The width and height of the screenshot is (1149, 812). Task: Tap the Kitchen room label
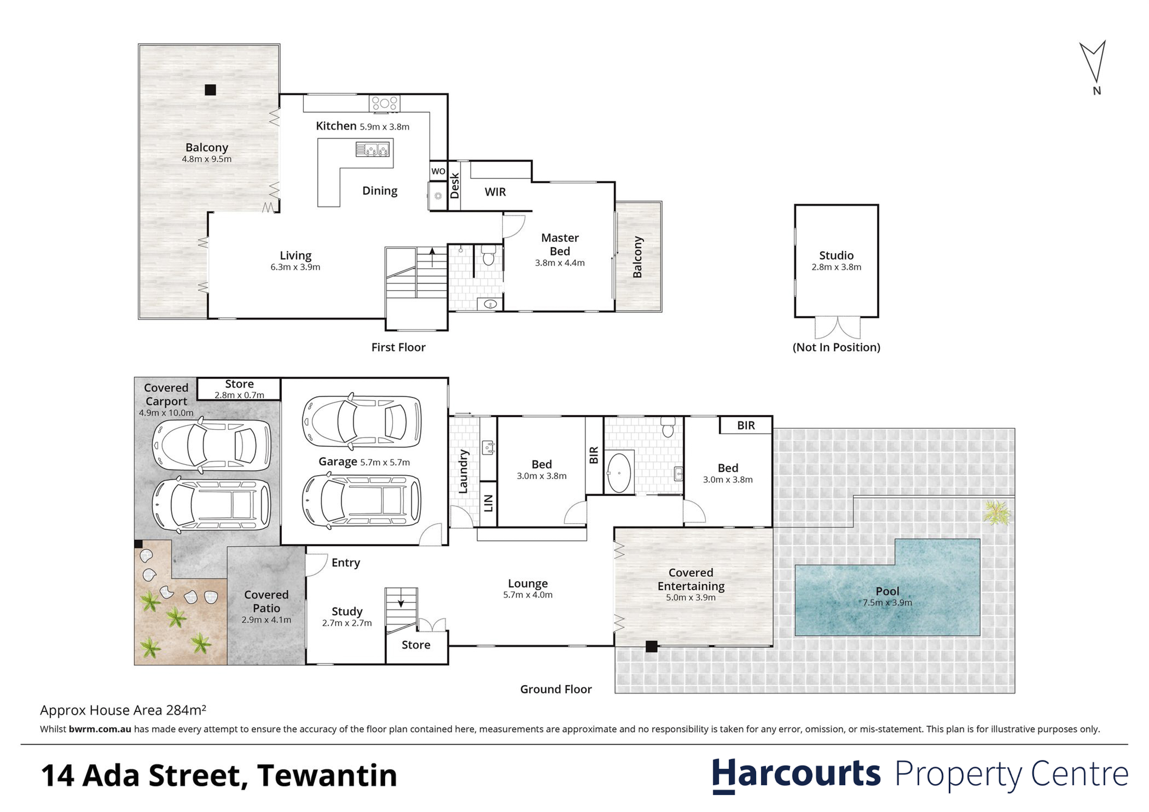[336, 126]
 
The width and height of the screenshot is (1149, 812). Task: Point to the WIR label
[495, 192]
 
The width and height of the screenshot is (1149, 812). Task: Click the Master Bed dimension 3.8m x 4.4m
[560, 263]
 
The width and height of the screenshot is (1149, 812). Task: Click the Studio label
[836, 256]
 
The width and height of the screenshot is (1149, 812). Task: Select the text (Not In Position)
[836, 347]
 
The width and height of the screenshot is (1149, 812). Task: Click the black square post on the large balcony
[210, 90]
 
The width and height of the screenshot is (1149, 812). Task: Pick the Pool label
[887, 591]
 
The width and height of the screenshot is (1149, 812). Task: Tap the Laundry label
[463, 471]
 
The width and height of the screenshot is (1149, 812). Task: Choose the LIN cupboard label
[489, 503]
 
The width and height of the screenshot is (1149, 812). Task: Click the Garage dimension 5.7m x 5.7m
[385, 463]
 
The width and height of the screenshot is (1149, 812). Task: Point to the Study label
[347, 612]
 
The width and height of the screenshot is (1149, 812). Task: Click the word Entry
[346, 563]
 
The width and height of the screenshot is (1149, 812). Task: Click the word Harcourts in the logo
[796, 774]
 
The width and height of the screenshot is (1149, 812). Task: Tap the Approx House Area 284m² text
[123, 711]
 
